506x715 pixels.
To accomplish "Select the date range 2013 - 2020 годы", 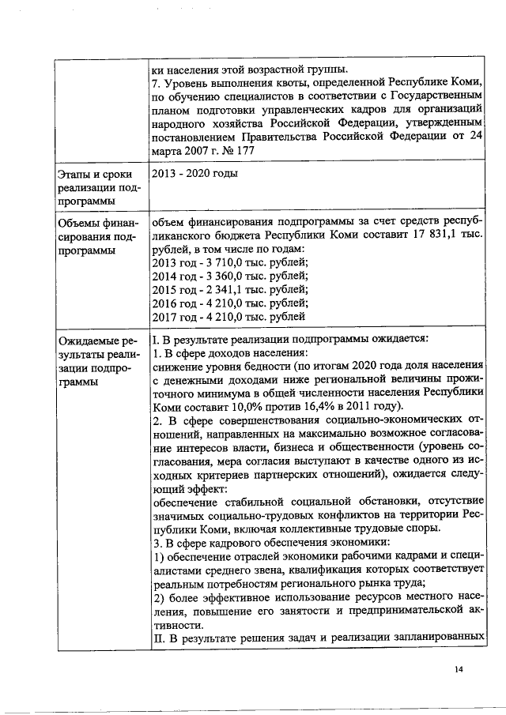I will pos(194,173).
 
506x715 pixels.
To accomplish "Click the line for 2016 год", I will pos(229,303).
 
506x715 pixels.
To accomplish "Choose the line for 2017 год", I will pos(228,317).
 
